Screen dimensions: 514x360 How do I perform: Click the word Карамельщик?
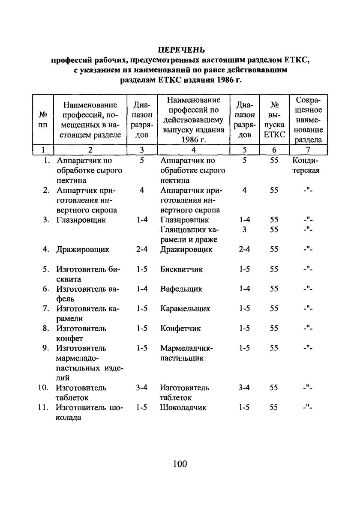(185, 309)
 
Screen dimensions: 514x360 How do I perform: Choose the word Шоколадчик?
(183, 408)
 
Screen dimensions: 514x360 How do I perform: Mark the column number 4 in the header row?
(193, 150)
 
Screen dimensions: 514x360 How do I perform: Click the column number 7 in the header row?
(309, 150)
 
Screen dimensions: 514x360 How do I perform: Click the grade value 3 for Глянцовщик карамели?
(244, 230)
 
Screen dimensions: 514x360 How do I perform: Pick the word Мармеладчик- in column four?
(186, 348)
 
